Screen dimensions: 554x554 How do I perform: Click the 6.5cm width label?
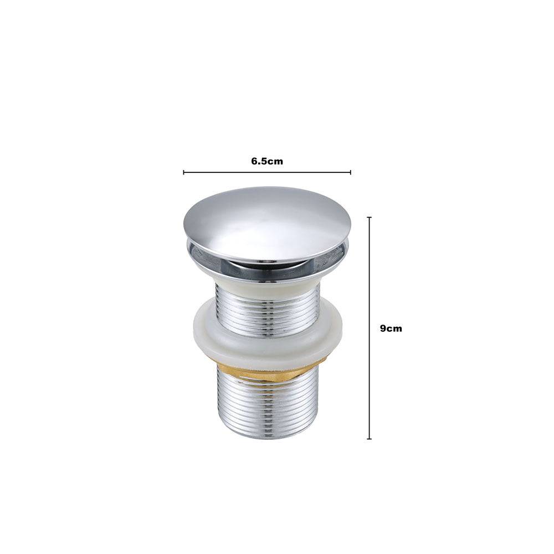click(267, 161)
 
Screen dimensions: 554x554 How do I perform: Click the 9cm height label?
click(391, 328)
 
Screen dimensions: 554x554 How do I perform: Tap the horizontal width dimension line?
click(267, 172)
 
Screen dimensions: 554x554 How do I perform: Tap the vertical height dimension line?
click(369, 328)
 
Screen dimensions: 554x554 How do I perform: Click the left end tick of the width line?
click(184, 172)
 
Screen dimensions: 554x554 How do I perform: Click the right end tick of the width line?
click(351, 172)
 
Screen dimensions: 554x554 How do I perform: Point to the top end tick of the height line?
click(369, 217)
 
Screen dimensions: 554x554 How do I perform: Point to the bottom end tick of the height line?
click(369, 439)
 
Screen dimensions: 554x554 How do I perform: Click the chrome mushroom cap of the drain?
click(267, 223)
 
